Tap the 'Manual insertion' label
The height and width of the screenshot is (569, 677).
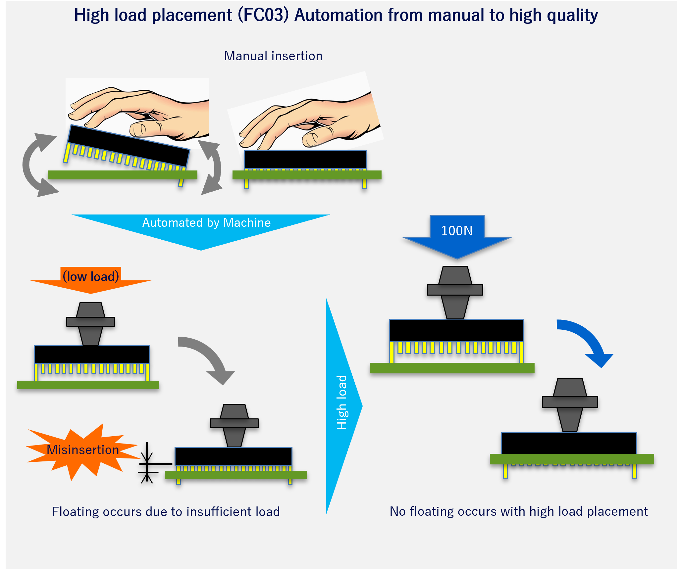coord(273,56)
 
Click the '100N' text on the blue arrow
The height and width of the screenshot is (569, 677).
coord(457,231)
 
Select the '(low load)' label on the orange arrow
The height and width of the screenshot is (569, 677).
coord(91,276)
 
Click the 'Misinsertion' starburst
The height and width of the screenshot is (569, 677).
coord(83,450)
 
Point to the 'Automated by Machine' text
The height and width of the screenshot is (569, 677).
coord(206,223)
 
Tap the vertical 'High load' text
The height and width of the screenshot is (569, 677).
coord(341,403)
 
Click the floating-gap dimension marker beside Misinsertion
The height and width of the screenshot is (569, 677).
coord(147,463)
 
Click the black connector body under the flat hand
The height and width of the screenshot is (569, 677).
coord(305,160)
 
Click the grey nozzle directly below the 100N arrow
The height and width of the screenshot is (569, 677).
coord(455,291)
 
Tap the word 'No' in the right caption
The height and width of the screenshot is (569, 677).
coord(397,511)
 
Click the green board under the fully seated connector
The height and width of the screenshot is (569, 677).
coord(572,459)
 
